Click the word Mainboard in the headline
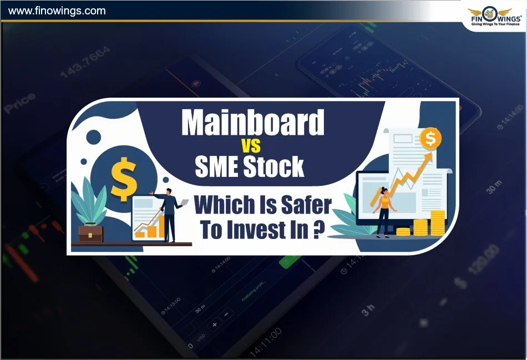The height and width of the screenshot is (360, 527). point(252,123)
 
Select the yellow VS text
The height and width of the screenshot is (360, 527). point(251,147)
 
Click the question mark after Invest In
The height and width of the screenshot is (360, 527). point(318,230)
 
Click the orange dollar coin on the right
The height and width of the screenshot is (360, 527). point(429,140)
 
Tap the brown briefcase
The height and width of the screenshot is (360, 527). point(90,233)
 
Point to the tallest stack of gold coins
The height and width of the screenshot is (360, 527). point(438,222)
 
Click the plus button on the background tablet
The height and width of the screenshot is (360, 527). point(214,324)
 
